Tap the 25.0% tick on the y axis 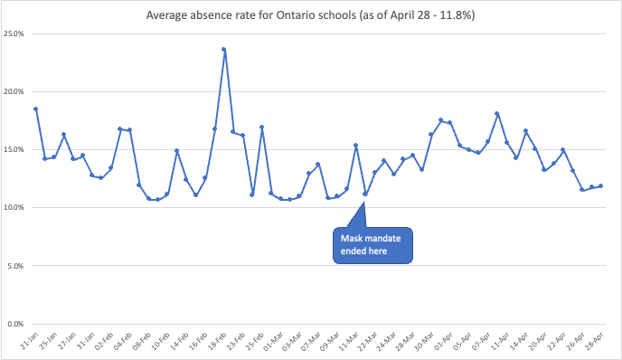(x=14, y=33)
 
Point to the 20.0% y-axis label (x=14, y=91)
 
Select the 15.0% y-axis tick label (x=14, y=149)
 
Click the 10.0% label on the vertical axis (x=14, y=207)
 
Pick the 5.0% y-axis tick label (x=15, y=265)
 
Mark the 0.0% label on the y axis (x=15, y=323)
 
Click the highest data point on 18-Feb (x=224, y=49)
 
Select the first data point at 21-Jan (x=35, y=109)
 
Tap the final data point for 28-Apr (x=601, y=186)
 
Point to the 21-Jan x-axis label (x=31, y=344)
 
